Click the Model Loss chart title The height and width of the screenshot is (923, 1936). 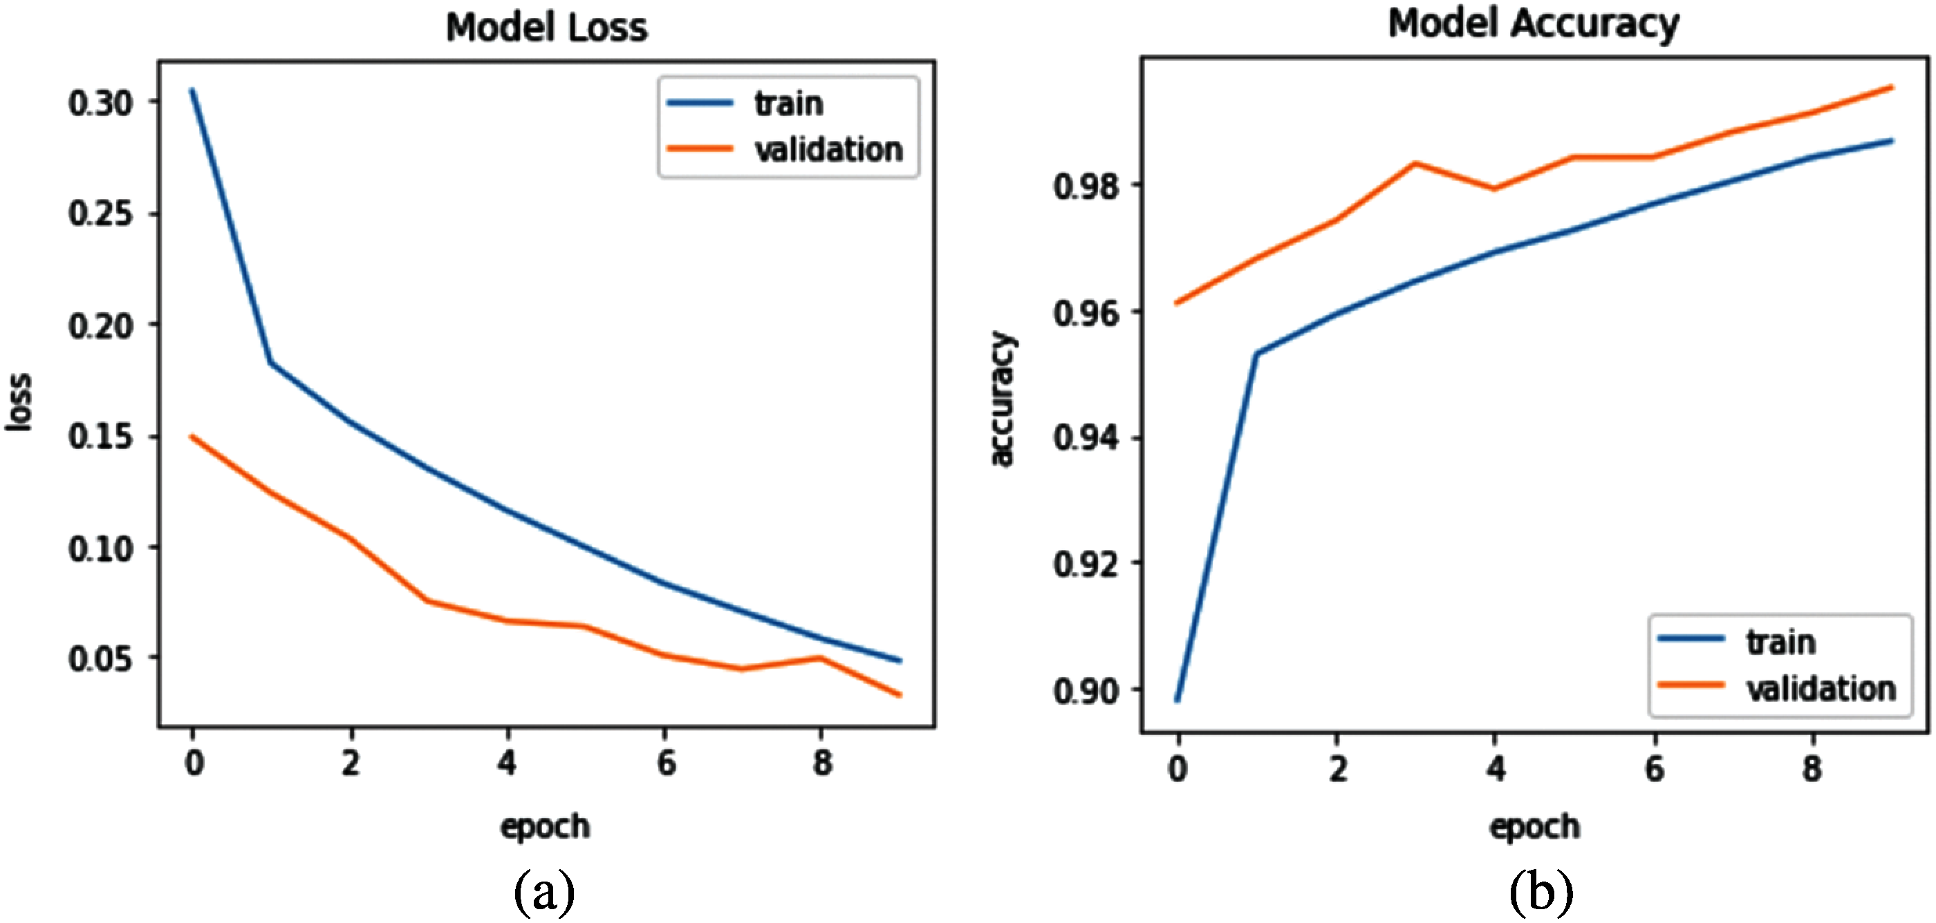(546, 28)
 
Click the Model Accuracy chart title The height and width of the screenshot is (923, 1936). (1533, 24)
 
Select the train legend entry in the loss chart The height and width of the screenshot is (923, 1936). (788, 104)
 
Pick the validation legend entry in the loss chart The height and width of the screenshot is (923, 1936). (828, 149)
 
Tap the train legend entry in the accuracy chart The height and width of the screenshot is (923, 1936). (1780, 642)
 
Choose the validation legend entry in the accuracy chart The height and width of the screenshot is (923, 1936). (1821, 689)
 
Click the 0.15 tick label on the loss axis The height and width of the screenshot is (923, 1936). (101, 437)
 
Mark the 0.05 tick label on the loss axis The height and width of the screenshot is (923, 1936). (101, 659)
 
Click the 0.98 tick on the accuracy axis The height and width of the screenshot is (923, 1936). (1086, 187)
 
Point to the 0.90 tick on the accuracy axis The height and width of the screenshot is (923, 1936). (1086, 691)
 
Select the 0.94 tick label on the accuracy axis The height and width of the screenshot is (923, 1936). (1086, 438)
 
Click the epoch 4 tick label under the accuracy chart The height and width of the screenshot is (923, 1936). (1496, 768)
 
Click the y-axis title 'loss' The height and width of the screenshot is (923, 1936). (19, 402)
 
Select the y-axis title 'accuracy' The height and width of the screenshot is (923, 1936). (1002, 398)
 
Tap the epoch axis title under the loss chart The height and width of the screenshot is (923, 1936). (546, 826)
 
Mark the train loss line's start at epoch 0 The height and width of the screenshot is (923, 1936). (192, 90)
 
